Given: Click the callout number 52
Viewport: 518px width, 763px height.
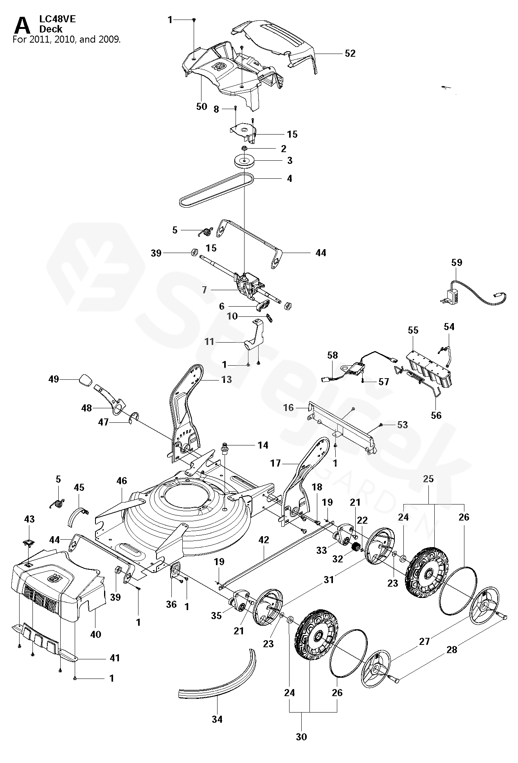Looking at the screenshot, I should [350, 53].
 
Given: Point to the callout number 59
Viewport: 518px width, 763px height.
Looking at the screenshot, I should [457, 262].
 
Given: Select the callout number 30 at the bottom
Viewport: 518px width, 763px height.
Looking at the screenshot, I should [301, 737].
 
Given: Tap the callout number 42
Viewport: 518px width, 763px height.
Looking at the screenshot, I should [264, 540].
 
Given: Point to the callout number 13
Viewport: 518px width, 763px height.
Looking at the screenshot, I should [226, 379].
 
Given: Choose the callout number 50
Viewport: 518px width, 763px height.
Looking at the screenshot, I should [201, 106].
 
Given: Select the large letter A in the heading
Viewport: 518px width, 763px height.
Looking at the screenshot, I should [22, 27].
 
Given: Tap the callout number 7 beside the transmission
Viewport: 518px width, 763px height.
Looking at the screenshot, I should [204, 290].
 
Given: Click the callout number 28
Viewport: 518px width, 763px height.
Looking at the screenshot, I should [451, 650].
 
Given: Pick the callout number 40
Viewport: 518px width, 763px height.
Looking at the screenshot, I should [95, 634].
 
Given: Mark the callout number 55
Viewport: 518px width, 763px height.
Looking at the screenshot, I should [413, 330].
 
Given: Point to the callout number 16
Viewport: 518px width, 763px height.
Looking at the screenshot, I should [288, 408].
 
